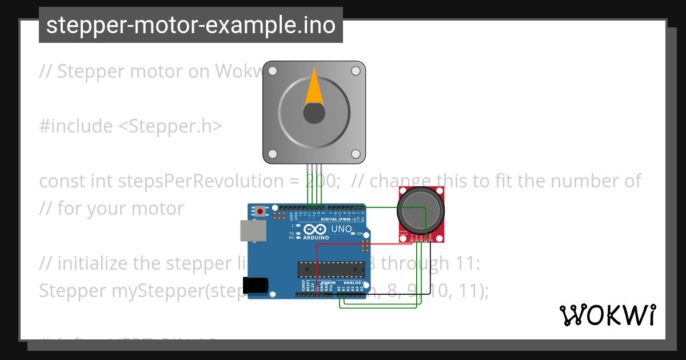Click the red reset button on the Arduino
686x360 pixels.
coord(261,211)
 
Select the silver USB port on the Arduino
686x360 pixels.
coord(252,231)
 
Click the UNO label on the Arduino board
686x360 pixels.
coord(341,229)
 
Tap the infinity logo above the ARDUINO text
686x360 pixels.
coord(316,229)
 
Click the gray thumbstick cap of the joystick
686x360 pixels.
coord(420,210)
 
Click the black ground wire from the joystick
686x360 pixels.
coord(400,294)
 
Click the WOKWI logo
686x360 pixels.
coord(607,315)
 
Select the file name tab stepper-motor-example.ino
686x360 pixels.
coord(191,25)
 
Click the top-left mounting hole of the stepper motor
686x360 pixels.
coord(273,71)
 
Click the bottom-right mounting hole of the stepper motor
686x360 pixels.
coord(355,154)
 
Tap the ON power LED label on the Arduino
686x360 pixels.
coord(360,234)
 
